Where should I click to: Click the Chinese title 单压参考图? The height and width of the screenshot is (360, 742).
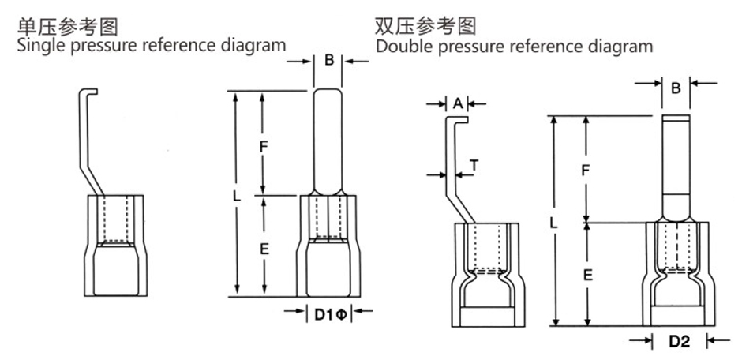pyautogui.click(x=68, y=27)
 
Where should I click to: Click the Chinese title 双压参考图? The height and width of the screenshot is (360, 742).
pyautogui.click(x=426, y=27)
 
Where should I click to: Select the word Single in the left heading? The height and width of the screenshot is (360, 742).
pyautogui.click(x=40, y=45)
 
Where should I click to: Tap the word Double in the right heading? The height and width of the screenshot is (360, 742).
pyautogui.click(x=402, y=46)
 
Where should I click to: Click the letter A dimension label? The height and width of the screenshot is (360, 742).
pyautogui.click(x=458, y=103)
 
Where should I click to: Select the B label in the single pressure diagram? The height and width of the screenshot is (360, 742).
pyautogui.click(x=328, y=61)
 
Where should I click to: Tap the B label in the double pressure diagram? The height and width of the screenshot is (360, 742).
pyautogui.click(x=676, y=88)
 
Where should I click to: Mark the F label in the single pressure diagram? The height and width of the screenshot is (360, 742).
pyautogui.click(x=265, y=146)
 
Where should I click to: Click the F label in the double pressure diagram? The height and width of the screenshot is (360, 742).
pyautogui.click(x=585, y=171)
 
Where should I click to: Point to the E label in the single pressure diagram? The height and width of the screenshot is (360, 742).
pyautogui.click(x=265, y=249)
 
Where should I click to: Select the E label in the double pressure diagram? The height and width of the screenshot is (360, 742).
pyautogui.click(x=586, y=276)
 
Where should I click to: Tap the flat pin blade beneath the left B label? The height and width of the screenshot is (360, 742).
pyautogui.click(x=328, y=142)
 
